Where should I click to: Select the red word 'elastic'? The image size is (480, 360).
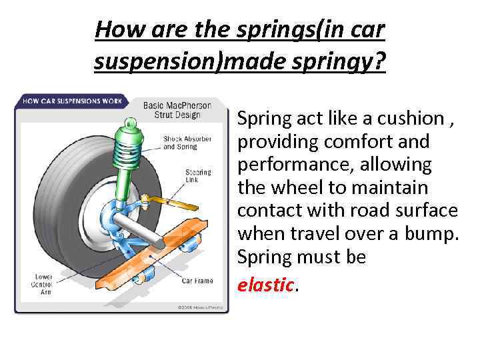point(266,285)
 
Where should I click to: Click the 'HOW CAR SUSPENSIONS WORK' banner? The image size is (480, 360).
point(73,101)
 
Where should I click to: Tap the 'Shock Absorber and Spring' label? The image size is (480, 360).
point(187,143)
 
